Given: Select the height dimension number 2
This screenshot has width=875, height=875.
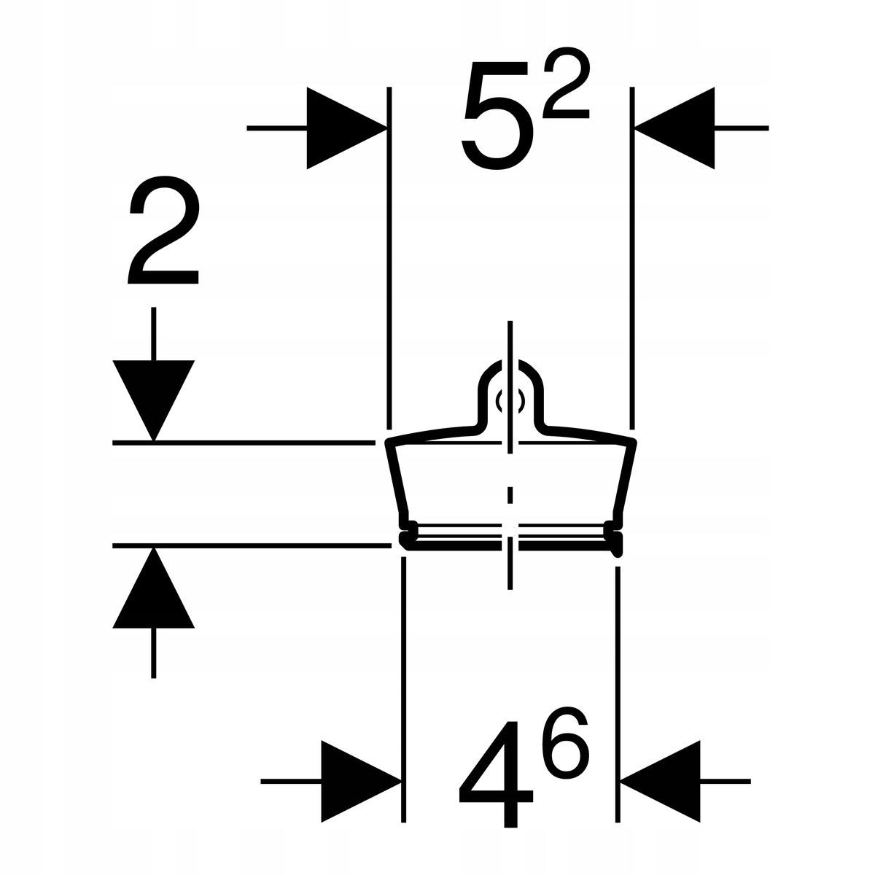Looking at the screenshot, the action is [x=164, y=230].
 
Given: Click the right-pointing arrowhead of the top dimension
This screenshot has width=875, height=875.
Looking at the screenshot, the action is [x=347, y=128].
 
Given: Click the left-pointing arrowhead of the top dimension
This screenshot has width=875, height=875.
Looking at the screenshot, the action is [x=674, y=128].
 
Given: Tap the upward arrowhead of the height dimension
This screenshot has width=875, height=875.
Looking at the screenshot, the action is [x=153, y=588].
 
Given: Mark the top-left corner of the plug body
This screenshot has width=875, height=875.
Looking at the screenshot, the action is [x=388, y=443].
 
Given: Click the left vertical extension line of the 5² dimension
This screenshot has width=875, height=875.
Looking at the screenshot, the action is [x=389, y=257].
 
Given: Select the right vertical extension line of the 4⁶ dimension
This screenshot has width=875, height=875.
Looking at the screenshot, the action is [x=617, y=694].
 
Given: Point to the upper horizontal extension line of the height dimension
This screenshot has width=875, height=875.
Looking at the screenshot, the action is [x=244, y=443].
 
